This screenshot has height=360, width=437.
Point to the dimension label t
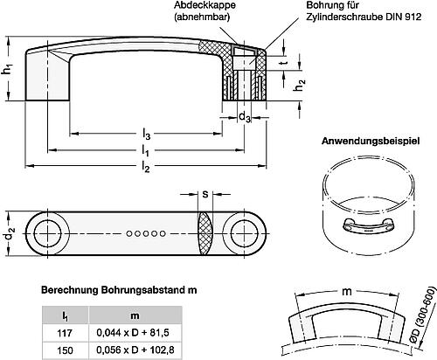(282, 63)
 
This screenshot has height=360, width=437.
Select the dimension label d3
(246, 115)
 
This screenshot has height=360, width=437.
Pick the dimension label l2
(147, 167)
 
